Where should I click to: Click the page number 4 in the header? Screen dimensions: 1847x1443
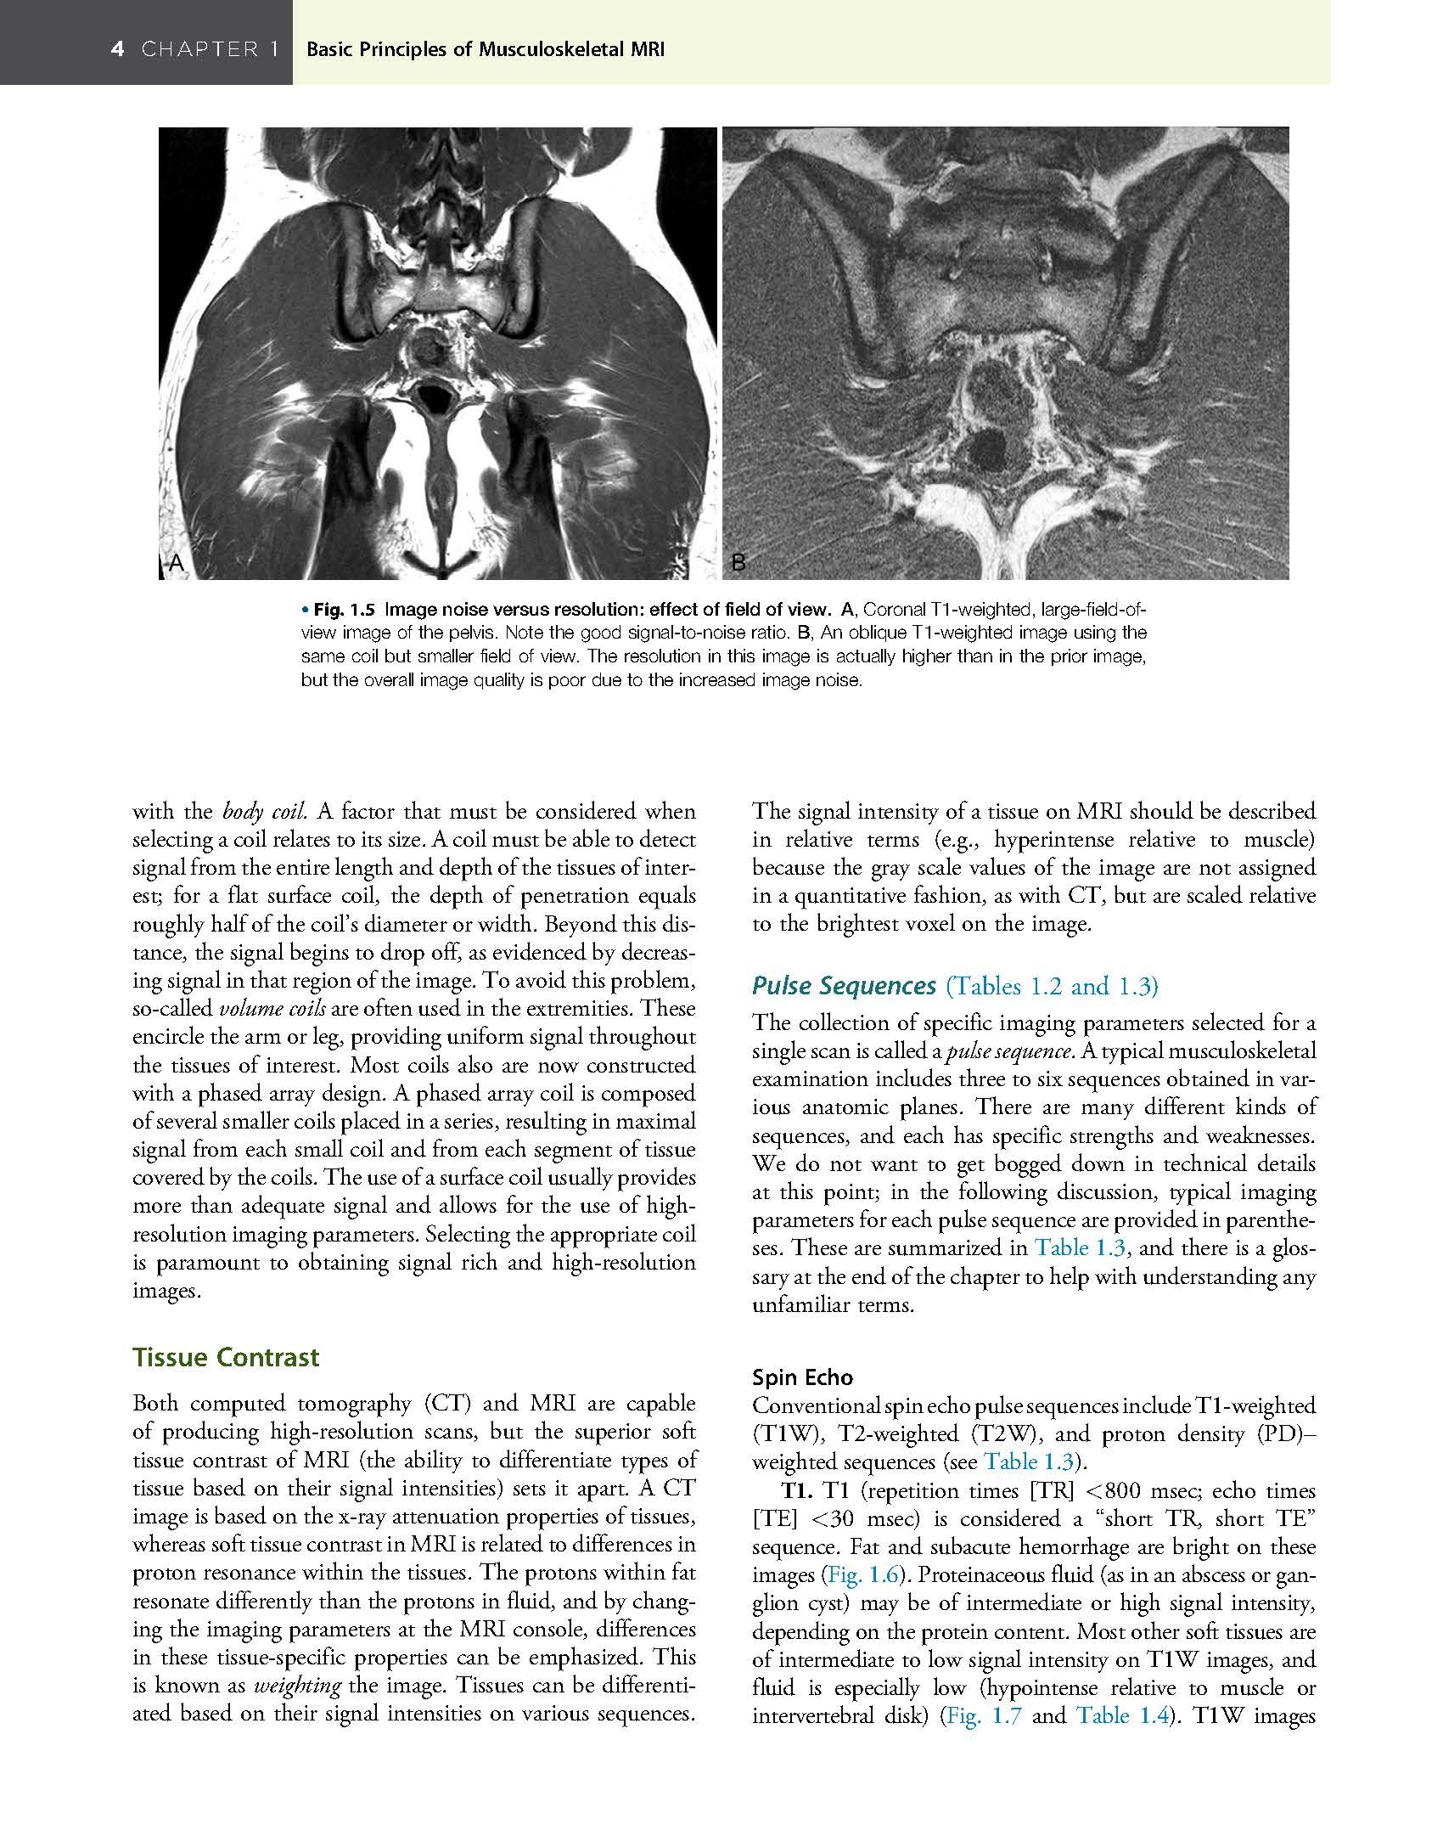pyautogui.click(x=118, y=49)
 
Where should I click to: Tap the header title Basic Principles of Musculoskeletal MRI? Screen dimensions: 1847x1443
pyautogui.click(x=485, y=50)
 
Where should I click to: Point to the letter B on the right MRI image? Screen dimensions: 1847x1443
pyautogui.click(x=738, y=561)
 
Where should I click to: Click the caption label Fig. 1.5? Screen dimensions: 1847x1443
pyautogui.click(x=345, y=609)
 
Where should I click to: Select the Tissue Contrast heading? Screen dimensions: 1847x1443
pyautogui.click(x=226, y=1357)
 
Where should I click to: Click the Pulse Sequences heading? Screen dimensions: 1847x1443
pyautogui.click(x=844, y=986)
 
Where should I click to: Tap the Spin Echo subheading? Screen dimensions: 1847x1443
pyautogui.click(x=802, y=1377)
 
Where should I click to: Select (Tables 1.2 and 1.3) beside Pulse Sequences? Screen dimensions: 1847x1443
pyautogui.click(x=1052, y=986)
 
